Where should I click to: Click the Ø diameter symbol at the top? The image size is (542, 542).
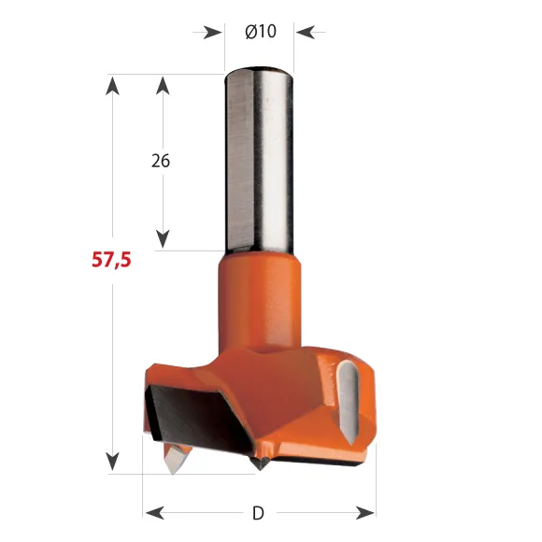(x=250, y=32)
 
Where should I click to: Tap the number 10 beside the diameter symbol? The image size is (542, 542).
(x=266, y=32)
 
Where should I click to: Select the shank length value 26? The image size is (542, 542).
(x=161, y=160)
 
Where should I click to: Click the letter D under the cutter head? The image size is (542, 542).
(x=259, y=512)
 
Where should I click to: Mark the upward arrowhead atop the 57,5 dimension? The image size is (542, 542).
(x=113, y=85)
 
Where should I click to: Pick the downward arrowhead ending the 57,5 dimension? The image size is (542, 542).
(x=113, y=462)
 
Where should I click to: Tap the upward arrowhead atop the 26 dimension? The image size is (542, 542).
(x=163, y=85)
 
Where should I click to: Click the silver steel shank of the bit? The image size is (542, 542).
(x=260, y=159)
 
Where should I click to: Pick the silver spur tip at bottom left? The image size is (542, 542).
(x=174, y=458)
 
